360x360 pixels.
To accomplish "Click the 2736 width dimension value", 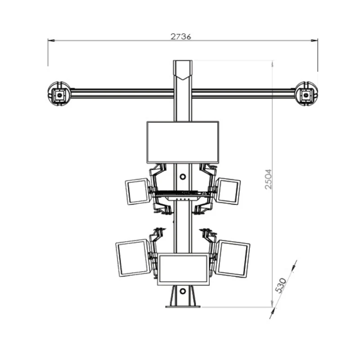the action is tap(181, 36).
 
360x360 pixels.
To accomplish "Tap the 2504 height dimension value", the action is tap(268, 179).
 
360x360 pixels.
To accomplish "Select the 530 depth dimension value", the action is tap(281, 286).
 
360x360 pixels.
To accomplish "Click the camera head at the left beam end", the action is tap(59, 94).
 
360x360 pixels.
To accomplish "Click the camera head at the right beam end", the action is tap(306, 94).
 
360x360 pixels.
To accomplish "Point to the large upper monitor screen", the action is tap(183, 142).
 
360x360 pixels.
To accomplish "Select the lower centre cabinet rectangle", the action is tap(184, 270).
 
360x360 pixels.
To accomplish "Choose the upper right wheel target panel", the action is tap(228, 191).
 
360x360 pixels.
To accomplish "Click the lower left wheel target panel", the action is tap(133, 258).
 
